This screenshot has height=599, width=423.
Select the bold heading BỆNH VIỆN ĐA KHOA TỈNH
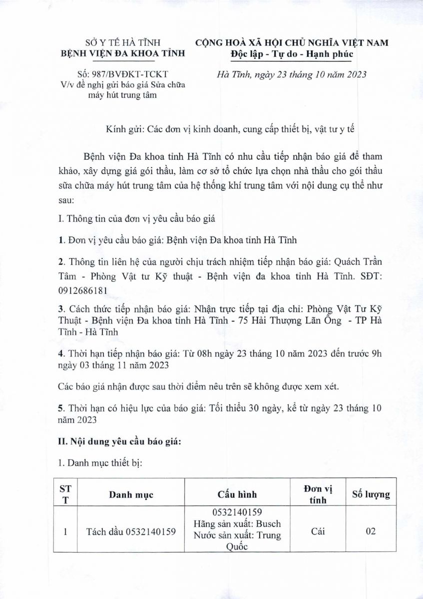122,53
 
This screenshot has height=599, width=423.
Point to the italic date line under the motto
292,75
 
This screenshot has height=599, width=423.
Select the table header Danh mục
131,495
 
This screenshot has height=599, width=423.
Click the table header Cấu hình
237,495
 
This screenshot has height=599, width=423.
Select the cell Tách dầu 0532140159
131,532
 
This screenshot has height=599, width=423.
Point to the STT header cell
65,494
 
